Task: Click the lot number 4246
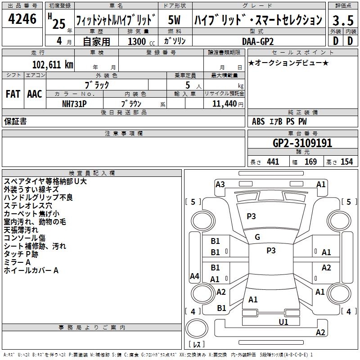pos(22,19)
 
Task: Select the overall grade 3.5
pos(343,20)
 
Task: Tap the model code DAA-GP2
pos(258,41)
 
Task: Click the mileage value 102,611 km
pos(53,65)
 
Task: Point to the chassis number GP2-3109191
pos(302,143)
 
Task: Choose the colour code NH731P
pos(74,104)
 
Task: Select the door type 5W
pos(175,20)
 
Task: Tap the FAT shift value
pos(13,94)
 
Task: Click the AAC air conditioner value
pos(35,94)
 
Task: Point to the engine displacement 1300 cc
pos(141,41)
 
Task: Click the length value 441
pos(273,162)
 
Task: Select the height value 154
pos(346,162)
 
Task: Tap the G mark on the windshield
pos(257,237)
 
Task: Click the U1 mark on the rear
pos(283,322)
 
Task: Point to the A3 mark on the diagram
pos(220,184)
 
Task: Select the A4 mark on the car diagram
pos(194,276)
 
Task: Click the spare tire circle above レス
pos(197,328)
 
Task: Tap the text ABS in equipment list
pos(258,121)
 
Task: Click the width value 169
pos(310,162)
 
